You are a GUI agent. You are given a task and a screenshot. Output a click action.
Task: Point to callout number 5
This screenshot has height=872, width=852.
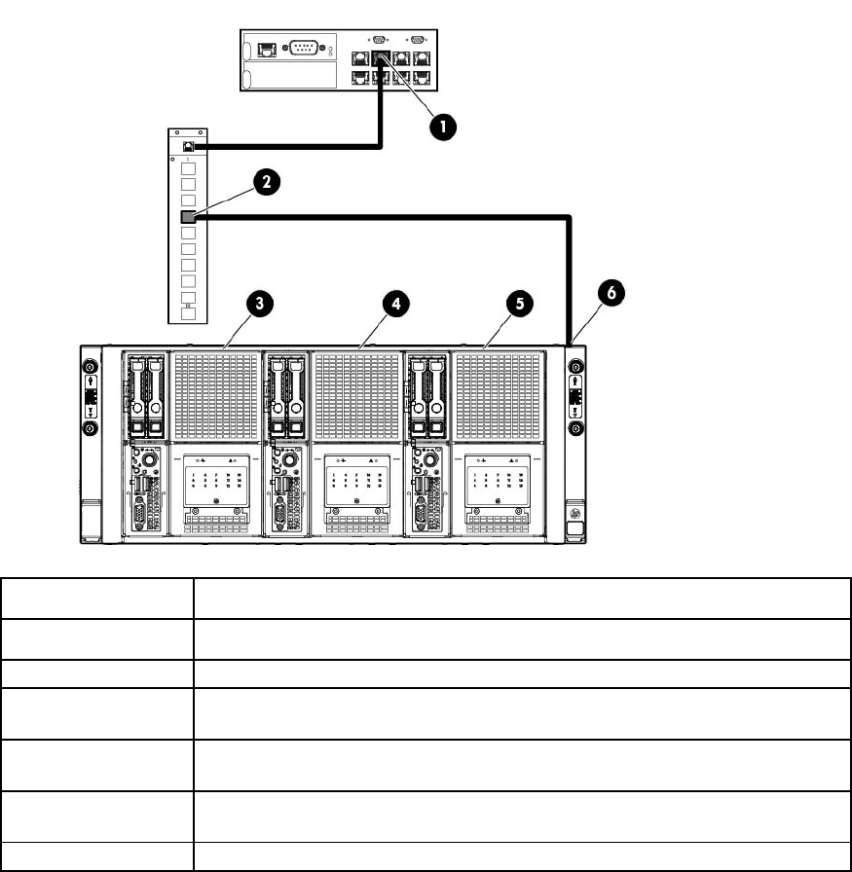[x=520, y=305]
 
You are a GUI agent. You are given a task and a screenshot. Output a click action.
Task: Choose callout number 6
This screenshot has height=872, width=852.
[x=610, y=292]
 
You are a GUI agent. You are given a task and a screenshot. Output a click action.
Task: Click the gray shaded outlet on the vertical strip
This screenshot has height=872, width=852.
[x=189, y=217]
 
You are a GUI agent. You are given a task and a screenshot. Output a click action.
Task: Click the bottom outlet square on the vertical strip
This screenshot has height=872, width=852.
[x=189, y=314]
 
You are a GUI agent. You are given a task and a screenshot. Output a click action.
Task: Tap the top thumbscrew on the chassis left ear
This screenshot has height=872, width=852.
[x=90, y=367]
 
